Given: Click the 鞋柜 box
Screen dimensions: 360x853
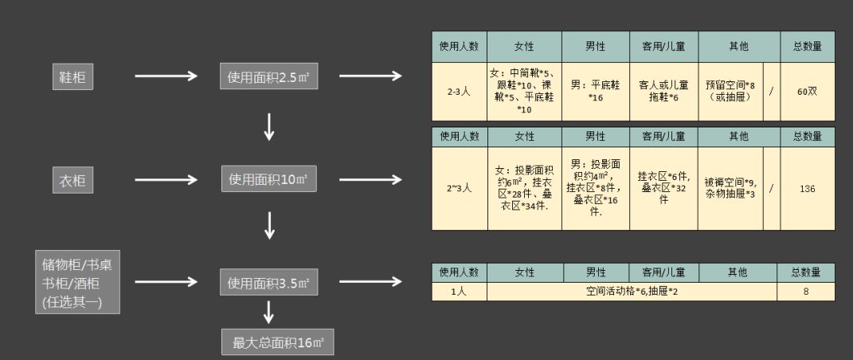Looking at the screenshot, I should click(x=73, y=77).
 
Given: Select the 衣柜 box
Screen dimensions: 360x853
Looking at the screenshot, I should click(x=73, y=181).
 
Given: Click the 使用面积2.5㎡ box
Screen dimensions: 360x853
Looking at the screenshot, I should click(x=269, y=77).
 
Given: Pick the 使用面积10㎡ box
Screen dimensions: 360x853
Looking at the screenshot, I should click(x=269, y=180).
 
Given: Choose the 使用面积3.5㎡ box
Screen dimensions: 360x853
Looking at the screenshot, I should click(x=269, y=281).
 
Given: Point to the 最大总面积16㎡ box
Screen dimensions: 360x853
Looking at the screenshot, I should click(x=277, y=343).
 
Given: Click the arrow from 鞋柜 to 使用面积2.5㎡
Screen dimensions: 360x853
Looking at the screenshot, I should click(x=166, y=76).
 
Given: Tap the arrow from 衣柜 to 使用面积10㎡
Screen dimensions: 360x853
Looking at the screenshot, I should click(x=166, y=181).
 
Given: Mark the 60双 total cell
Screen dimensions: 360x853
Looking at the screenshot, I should click(x=807, y=92).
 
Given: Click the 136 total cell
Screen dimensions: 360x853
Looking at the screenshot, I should click(x=807, y=189).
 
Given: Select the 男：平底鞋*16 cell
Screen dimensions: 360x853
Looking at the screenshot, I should click(x=595, y=92).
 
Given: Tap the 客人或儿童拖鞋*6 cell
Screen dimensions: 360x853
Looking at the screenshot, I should click(x=663, y=92).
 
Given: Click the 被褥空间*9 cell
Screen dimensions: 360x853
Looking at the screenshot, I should click(x=730, y=189).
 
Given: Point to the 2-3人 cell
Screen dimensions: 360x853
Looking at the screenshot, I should click(x=459, y=92).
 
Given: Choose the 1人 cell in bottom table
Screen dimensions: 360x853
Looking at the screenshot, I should click(x=459, y=292).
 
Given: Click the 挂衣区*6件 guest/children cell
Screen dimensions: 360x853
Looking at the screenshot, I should click(x=663, y=189).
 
